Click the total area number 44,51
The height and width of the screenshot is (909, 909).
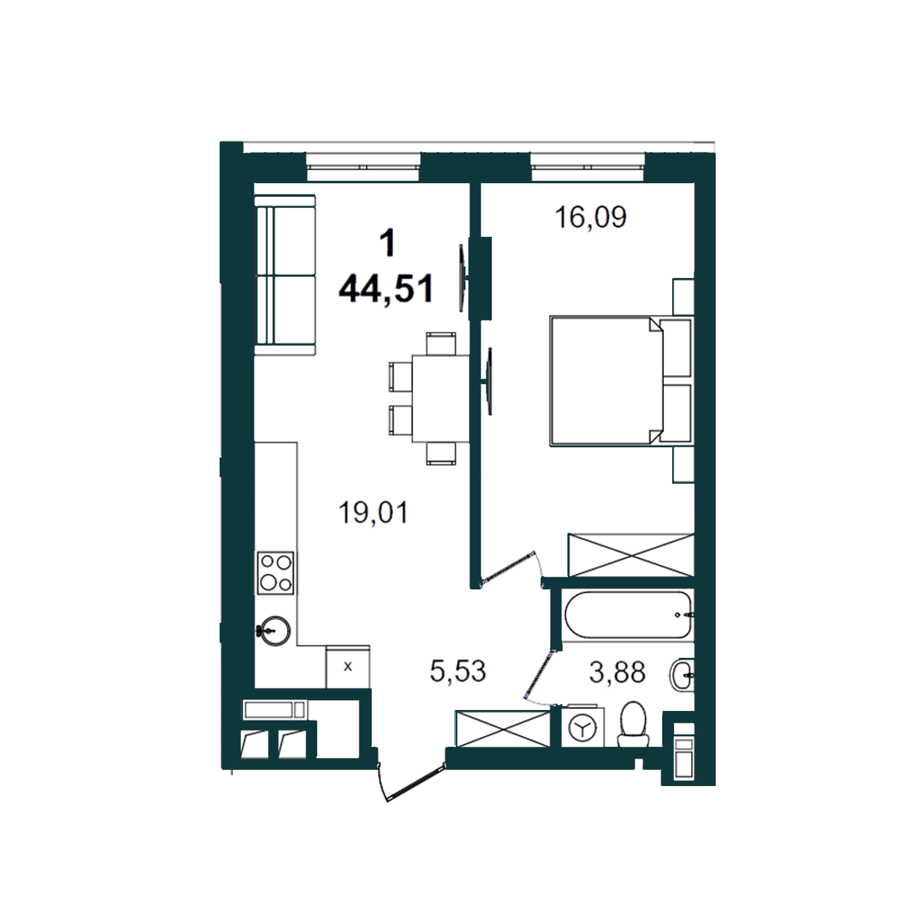386,289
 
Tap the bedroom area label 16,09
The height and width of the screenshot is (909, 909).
590,217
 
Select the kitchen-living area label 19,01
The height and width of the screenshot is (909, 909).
373,512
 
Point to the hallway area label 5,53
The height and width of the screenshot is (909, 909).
458,671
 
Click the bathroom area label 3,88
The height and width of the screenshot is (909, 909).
617,672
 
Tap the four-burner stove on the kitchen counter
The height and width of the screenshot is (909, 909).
276,573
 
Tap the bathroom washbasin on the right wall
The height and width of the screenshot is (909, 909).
682,675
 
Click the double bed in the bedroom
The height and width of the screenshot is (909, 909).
621,380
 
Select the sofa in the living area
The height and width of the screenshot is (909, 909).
285,275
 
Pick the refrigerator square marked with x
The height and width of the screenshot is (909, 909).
348,667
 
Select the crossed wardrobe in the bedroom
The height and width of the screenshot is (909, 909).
631,555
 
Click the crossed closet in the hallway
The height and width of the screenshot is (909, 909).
503,729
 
